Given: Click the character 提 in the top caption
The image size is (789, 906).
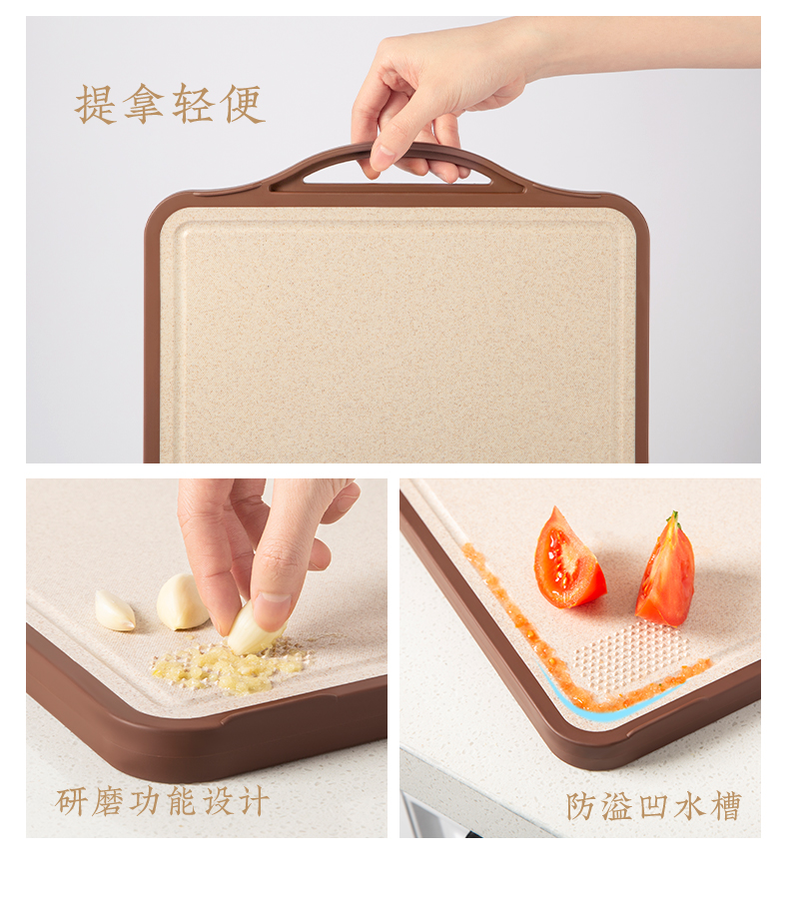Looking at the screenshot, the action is pos(96,105).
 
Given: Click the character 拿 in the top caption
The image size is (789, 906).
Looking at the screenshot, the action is pos(145,104).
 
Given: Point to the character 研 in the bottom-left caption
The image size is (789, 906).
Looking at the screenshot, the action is pos(72,801).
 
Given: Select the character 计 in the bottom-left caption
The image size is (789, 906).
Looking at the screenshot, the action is pos(254,801).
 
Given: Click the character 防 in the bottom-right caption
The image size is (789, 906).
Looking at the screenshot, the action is pos(581,806).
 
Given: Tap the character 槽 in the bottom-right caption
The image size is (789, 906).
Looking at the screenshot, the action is pos(726,806).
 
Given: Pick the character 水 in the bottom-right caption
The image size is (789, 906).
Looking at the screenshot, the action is pos(690,806).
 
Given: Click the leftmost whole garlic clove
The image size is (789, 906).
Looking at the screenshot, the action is pos(115,610).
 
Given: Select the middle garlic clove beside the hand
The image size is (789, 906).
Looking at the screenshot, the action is pos(182,602).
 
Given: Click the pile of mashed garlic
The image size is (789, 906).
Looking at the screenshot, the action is pos(227,667).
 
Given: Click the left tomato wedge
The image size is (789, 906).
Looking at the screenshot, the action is pos(566,560).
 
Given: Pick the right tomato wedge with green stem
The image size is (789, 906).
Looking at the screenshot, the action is pos(666,571).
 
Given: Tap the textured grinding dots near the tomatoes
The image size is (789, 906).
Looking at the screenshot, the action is pos(631,654).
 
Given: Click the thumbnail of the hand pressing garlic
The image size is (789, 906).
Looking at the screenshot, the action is pos(272,603).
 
